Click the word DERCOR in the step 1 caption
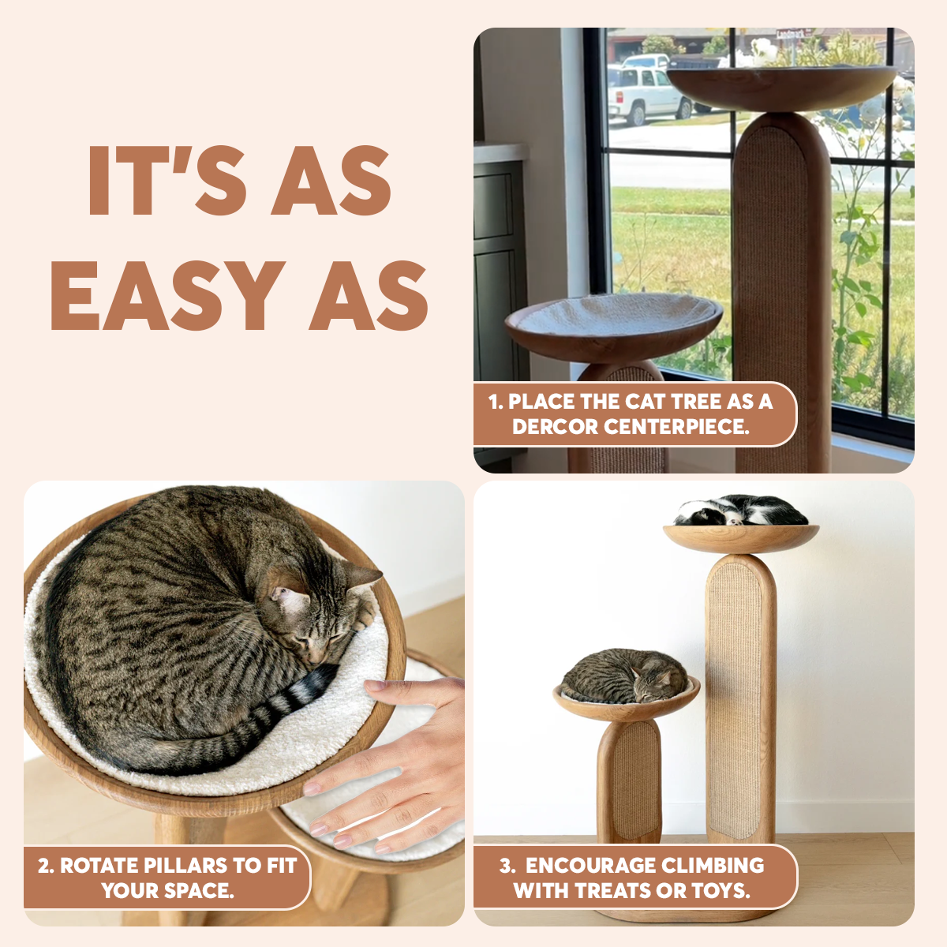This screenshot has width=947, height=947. pos(554,427)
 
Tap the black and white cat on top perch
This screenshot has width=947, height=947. pos(741,511)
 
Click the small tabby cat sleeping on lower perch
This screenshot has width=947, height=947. pos(624,676)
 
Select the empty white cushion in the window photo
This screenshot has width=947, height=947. pos(615,315)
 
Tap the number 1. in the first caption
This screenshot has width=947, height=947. pos(496,402)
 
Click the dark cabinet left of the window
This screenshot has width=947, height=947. pos(497,275)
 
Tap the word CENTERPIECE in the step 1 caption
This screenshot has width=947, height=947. pos(676,427)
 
